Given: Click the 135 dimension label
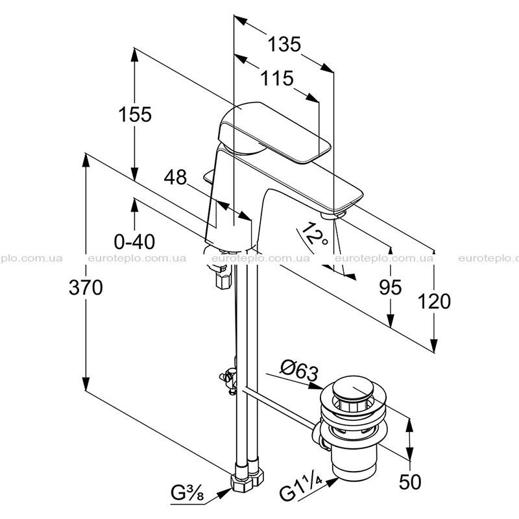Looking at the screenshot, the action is pos(284,44).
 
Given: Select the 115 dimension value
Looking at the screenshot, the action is pos(277,78).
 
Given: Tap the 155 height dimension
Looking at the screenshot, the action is pos(135,115).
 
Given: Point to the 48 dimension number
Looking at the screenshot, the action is pos(175,177).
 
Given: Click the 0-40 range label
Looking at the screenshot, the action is pos(134,241).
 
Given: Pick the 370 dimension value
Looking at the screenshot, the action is pos(86,287).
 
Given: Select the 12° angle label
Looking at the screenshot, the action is pos(314,234).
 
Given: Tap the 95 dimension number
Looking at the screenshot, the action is pos(391,287).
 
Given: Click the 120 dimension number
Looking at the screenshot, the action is pos(434,302).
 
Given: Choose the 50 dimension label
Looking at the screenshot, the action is pos(410,481).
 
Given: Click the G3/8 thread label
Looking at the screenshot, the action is pos(187,494).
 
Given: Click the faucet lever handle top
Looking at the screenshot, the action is pos(274,132).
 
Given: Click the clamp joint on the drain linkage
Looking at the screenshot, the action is pos(230,380).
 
